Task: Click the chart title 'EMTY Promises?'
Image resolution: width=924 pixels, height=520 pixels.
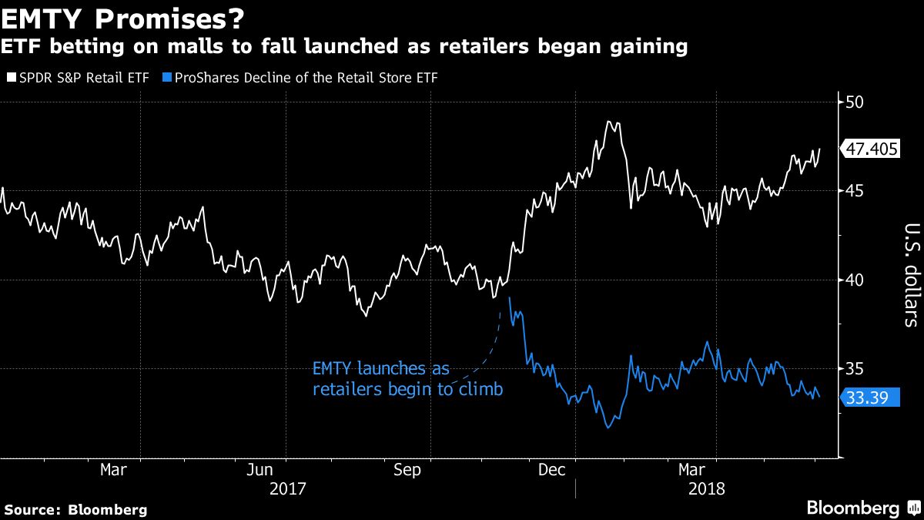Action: (118, 16)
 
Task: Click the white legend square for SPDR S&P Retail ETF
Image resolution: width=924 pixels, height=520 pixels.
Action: (11, 78)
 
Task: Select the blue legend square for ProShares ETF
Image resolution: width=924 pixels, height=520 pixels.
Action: (168, 78)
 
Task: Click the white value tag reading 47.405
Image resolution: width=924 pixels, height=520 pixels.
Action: (872, 149)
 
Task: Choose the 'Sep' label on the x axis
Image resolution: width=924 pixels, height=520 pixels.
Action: (407, 469)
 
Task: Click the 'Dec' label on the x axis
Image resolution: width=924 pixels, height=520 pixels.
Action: (552, 469)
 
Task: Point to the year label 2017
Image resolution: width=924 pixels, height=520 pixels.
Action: (288, 488)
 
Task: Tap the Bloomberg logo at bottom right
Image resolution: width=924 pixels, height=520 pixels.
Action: (852, 508)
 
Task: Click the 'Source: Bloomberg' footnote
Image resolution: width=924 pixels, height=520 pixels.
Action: (75, 509)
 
